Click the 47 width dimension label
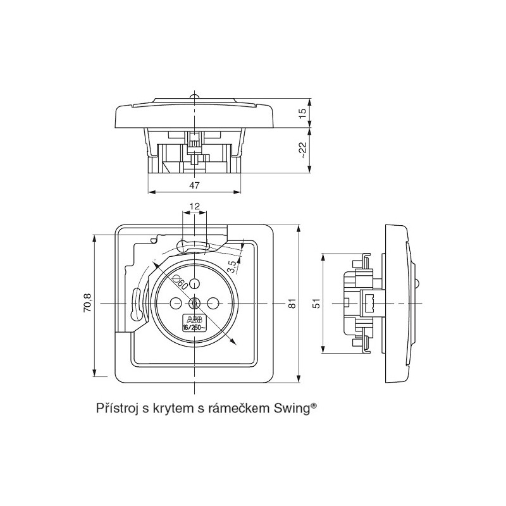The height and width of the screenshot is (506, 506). [x=194, y=185]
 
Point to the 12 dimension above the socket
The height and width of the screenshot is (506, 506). [x=194, y=206]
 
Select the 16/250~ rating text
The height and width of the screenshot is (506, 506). [x=192, y=327]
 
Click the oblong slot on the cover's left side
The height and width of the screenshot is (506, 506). [x=137, y=304]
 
